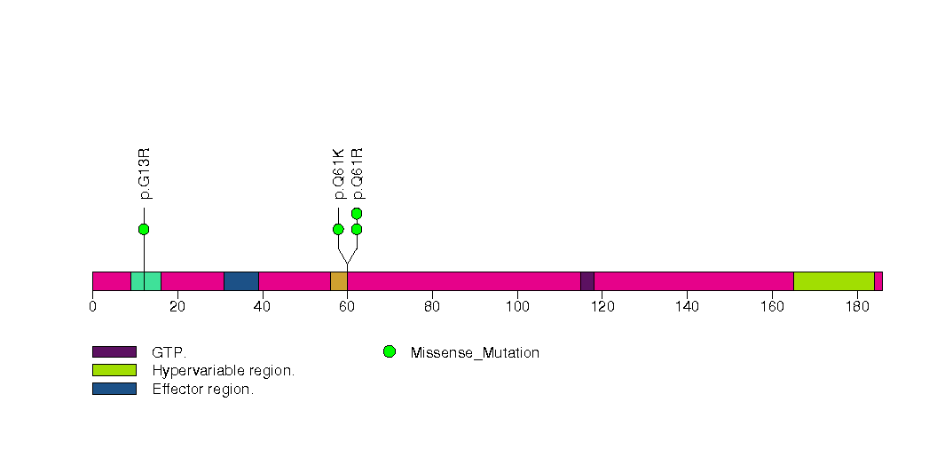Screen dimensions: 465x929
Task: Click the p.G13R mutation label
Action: click(x=145, y=174)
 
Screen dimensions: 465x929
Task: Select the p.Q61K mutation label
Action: click(x=338, y=174)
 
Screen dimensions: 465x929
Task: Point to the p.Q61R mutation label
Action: click(x=358, y=174)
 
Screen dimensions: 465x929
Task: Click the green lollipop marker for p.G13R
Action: click(x=144, y=229)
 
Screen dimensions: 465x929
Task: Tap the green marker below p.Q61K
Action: click(x=338, y=229)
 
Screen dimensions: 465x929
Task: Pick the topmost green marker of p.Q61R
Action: click(x=357, y=213)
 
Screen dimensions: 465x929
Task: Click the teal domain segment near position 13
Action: click(x=146, y=281)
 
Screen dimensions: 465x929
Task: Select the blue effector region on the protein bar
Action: click(x=240, y=281)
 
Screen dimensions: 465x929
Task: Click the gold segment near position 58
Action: click(x=338, y=281)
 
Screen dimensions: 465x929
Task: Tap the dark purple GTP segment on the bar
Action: click(x=587, y=281)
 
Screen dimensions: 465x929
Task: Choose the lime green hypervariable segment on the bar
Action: click(x=833, y=281)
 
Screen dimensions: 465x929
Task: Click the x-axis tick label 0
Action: click(x=92, y=307)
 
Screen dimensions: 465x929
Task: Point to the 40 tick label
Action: click(x=262, y=307)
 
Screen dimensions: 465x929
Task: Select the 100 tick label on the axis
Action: click(x=517, y=307)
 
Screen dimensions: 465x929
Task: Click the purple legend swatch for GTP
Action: click(x=114, y=352)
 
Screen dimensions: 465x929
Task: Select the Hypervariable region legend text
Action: click(x=223, y=371)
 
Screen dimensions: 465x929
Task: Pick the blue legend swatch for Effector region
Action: click(x=114, y=389)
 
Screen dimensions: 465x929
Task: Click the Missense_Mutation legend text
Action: click(x=475, y=352)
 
